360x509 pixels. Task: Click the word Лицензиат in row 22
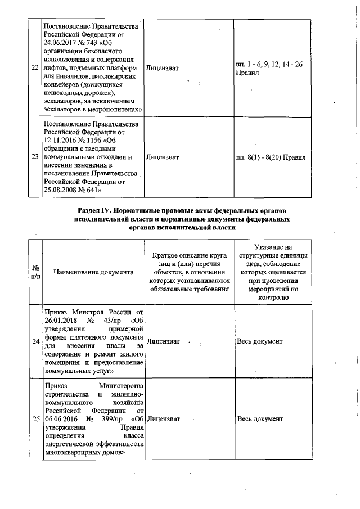tap(162, 67)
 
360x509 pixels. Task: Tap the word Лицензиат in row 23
tap(162, 157)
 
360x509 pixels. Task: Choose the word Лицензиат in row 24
tap(162, 341)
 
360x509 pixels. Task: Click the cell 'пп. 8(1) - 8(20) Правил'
tap(271, 157)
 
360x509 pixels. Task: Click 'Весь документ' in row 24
tap(260, 341)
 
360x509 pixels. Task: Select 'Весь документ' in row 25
tap(260, 419)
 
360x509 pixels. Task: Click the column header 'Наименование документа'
tap(93, 272)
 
